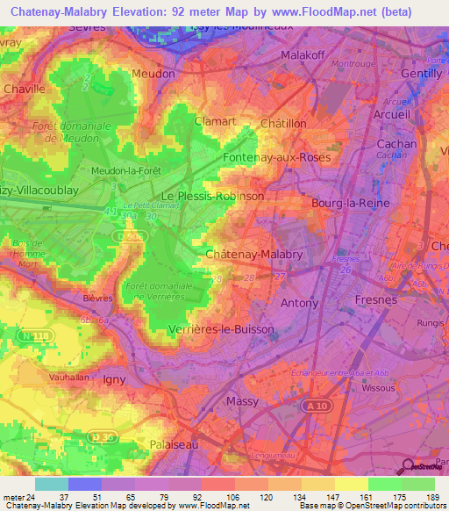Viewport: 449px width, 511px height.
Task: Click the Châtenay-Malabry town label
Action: coord(253,254)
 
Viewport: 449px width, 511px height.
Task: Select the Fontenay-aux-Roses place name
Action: coord(275,157)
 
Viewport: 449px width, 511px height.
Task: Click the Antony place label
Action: coord(299,303)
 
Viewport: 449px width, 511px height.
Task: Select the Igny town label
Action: coord(115,379)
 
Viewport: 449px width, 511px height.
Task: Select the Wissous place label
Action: coord(378,386)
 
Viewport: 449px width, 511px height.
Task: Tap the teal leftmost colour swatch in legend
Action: coord(52,484)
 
